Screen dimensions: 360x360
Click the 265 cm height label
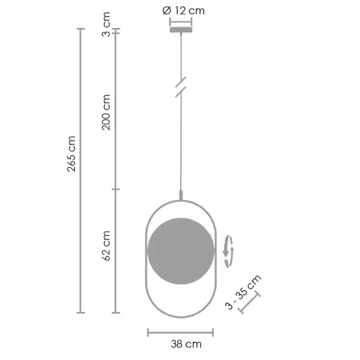pos(72,155)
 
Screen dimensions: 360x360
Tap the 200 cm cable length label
pos(107,112)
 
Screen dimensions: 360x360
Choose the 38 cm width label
pos(181,344)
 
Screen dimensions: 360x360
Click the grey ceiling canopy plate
pos(181,29)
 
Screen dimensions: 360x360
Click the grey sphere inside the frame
pos(181,251)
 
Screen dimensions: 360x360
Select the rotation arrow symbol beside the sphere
pos(227,251)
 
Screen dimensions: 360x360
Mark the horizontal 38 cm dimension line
pos(181,332)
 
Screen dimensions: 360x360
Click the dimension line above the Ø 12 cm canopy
pos(181,20)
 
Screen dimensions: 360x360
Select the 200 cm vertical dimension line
pos(116,110)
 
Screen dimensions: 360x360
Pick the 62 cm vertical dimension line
pos(116,251)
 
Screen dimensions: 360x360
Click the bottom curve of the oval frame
pos(181,316)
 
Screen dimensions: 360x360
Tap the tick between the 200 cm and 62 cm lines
pos(116,189)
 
